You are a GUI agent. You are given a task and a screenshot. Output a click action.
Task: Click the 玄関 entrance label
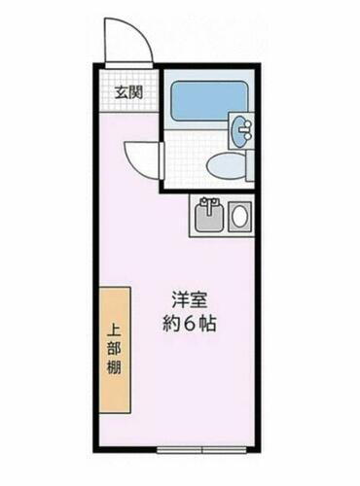[126, 93]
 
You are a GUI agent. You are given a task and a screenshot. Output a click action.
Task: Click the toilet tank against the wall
[249, 164]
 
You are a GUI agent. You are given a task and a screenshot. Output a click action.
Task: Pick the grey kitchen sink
[207, 216]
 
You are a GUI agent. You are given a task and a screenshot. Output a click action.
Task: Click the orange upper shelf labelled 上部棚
[115, 347]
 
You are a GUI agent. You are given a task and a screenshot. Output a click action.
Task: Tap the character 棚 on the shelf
[115, 369]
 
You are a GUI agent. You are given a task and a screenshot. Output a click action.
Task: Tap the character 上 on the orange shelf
[115, 326]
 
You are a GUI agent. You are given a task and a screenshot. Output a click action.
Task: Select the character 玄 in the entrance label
[119, 93]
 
